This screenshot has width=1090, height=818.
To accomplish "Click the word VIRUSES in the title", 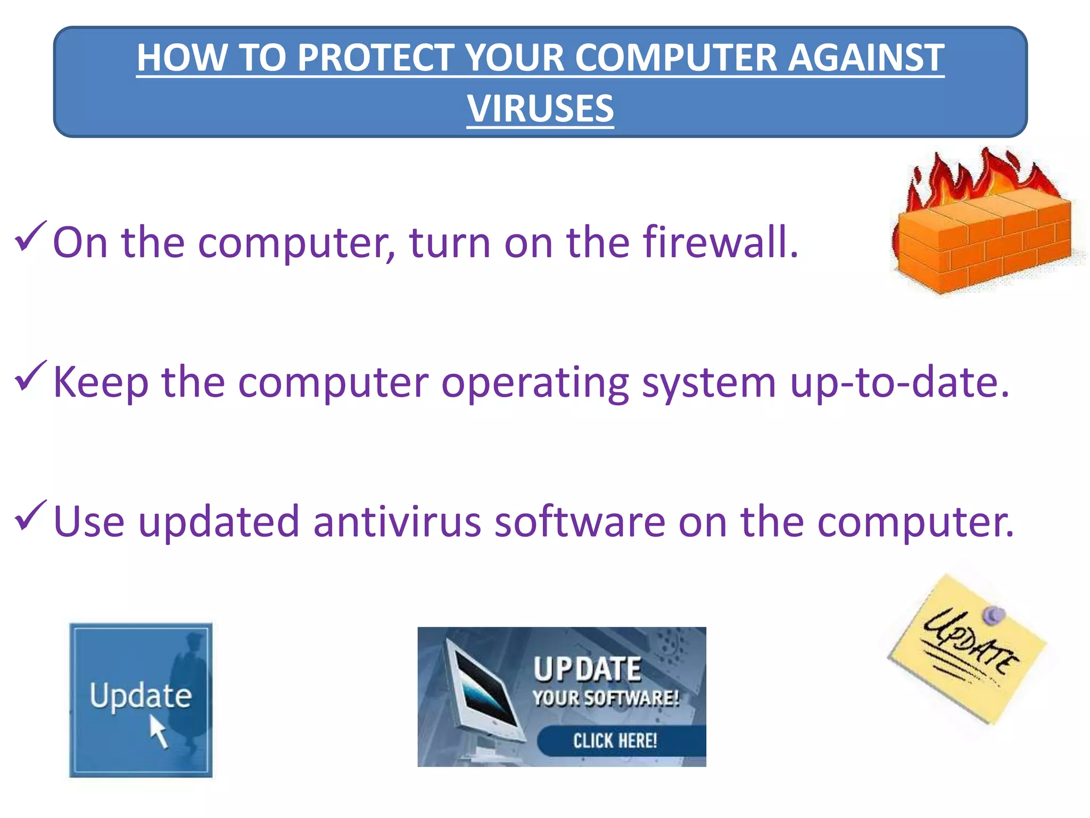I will click(540, 108).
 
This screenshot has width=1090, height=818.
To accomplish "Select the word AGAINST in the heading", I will click(865, 58).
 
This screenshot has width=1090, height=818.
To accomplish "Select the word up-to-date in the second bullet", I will click(899, 382).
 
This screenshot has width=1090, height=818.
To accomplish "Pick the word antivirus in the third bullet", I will click(397, 522).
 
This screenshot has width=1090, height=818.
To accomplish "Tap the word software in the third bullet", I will click(580, 522).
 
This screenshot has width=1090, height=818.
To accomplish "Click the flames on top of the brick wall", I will click(979, 176).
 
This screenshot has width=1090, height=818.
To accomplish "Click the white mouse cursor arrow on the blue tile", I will click(158, 731).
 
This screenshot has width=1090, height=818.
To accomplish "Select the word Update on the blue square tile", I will click(141, 696).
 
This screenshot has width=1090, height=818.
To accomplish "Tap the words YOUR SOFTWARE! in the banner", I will click(606, 698).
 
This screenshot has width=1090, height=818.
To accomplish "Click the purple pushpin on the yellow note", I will click(993, 615).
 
